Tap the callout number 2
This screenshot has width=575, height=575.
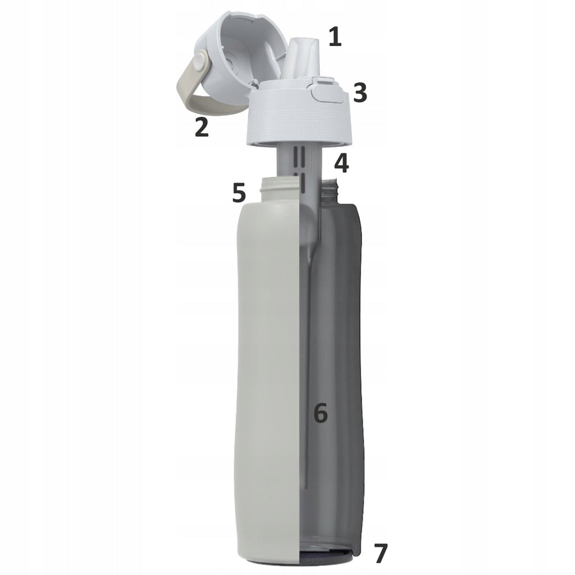coord(202,127)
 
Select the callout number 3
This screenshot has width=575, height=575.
coord(360,93)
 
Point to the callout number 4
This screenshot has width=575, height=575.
coord(341,163)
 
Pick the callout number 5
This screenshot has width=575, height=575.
coord(239,193)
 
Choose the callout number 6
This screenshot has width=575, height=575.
coord(321,413)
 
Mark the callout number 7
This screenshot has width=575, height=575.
coord(380,553)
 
